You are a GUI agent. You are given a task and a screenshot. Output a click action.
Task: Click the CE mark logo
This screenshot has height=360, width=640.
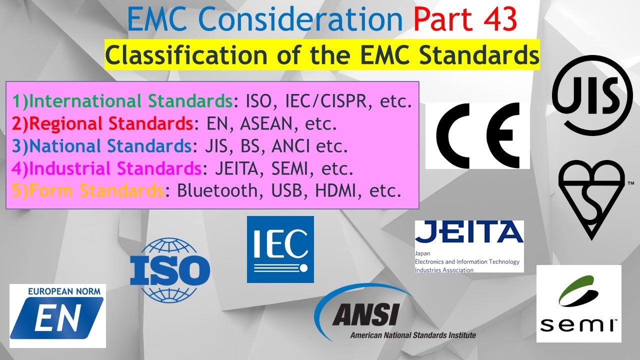point(477,136)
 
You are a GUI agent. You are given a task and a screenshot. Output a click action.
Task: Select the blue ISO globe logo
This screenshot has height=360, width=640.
point(169,269)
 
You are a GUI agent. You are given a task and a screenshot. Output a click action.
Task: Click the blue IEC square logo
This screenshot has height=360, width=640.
point(280,249)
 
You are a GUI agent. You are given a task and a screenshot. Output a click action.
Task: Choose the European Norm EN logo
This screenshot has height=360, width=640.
point(57,316)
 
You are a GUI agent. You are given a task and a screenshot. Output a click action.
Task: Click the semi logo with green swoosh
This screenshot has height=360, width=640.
point(578,303)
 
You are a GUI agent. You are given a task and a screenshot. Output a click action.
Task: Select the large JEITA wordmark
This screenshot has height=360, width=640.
point(469,232)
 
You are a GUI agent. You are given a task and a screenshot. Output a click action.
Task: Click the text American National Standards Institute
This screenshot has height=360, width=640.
point(412,335)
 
